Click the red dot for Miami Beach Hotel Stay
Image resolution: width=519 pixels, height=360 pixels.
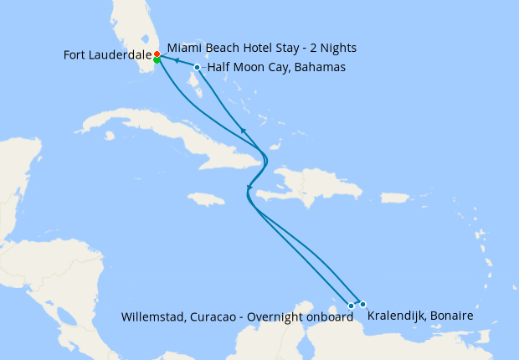(x=157, y=54)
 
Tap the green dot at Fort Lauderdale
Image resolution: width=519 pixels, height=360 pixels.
(x=157, y=60)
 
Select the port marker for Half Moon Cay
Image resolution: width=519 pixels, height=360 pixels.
(x=197, y=67)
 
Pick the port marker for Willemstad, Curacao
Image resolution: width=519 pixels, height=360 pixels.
(x=351, y=306)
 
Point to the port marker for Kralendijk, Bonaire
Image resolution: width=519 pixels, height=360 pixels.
(x=362, y=304)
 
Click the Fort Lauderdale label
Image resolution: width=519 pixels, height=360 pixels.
(x=107, y=55)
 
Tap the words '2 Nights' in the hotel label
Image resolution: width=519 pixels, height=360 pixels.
(x=333, y=48)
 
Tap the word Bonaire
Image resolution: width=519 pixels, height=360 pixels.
(x=453, y=316)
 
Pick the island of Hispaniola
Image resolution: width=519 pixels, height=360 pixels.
(x=293, y=184)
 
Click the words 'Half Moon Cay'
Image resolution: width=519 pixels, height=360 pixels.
(x=241, y=68)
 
